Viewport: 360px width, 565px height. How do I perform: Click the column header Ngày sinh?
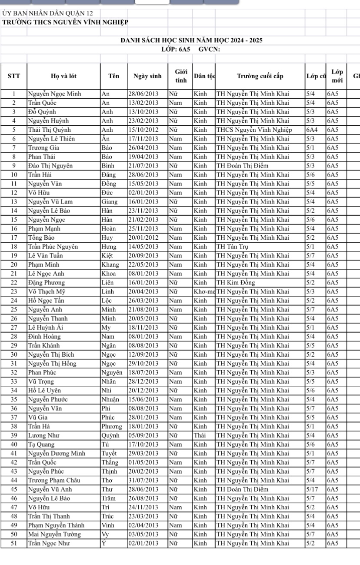pyautogui.click(x=147, y=77)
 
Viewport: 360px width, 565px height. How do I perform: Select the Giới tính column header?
pyautogui.click(x=180, y=77)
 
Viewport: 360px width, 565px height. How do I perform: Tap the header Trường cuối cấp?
pyautogui.click(x=260, y=77)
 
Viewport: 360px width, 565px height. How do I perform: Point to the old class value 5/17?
pyautogui.click(x=312, y=489)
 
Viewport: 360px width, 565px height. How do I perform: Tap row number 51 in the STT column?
pyautogui.click(x=13, y=543)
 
